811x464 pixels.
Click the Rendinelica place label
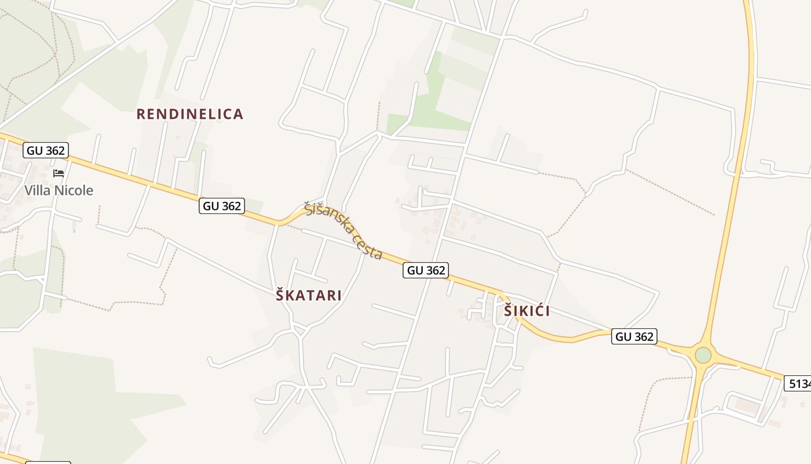[x=189, y=114]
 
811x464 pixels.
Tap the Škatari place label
[x=308, y=295]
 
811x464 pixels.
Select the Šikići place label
[x=526, y=311]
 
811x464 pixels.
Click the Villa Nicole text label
[x=59, y=190]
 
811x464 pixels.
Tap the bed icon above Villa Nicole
[x=59, y=173]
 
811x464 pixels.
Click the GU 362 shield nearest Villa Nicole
[x=46, y=151]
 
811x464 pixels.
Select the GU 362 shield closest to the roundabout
[x=634, y=336]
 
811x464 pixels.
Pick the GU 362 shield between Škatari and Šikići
[x=426, y=270]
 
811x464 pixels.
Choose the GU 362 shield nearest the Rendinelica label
[x=221, y=206]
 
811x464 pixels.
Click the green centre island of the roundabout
[x=703, y=354]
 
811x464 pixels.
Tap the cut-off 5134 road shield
[x=799, y=383]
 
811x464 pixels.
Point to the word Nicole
[x=74, y=190]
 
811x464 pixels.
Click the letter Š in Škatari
[x=281, y=295]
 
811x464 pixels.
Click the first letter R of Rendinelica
[x=140, y=114]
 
